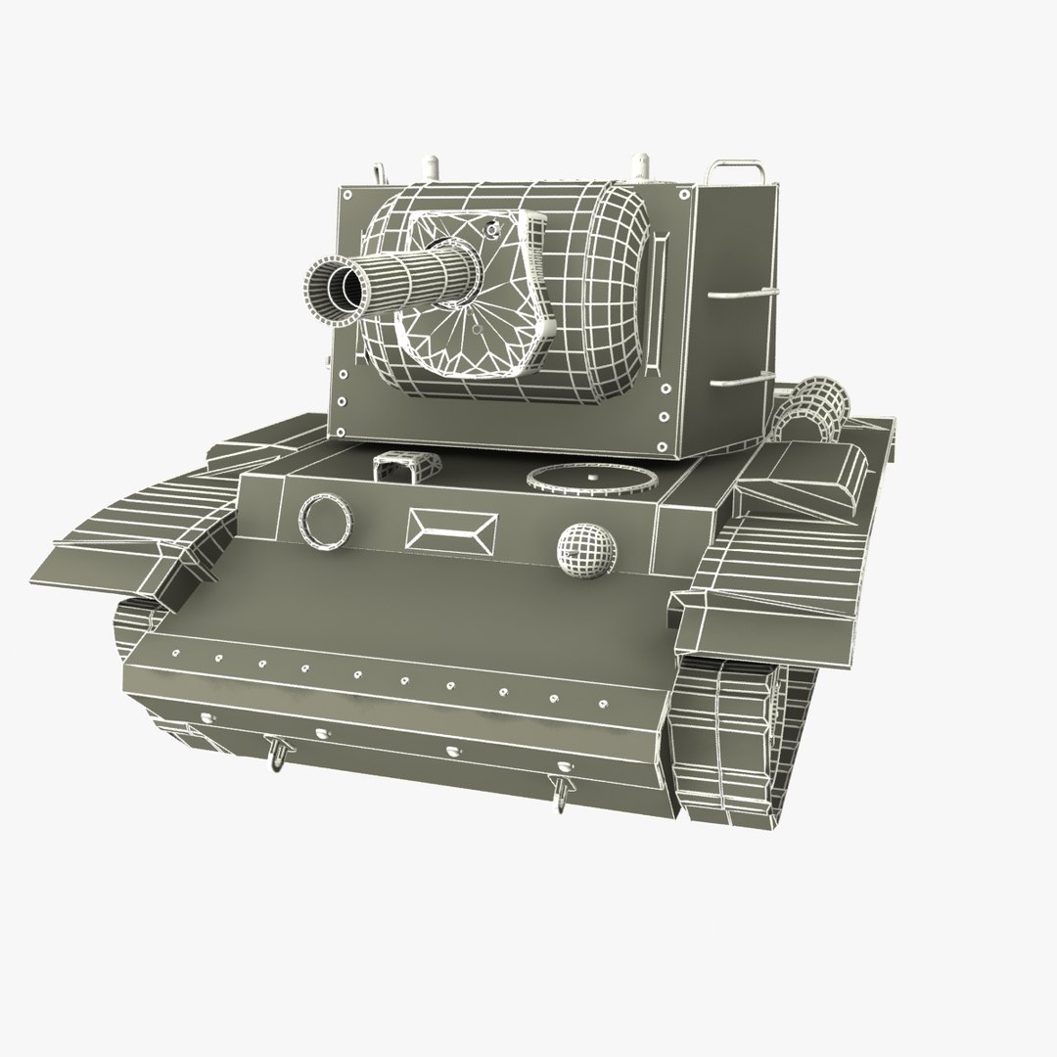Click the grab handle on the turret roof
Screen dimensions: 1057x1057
coord(737,171)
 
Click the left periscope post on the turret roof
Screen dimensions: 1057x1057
coord(378,167)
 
